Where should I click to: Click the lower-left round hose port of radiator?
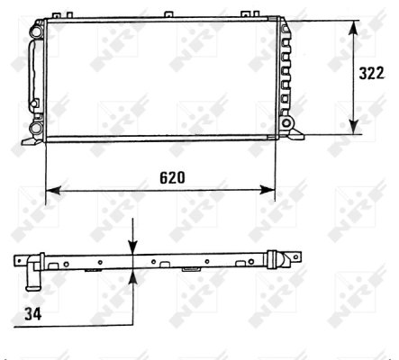coord(36,129)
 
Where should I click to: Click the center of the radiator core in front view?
coord(160,79)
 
